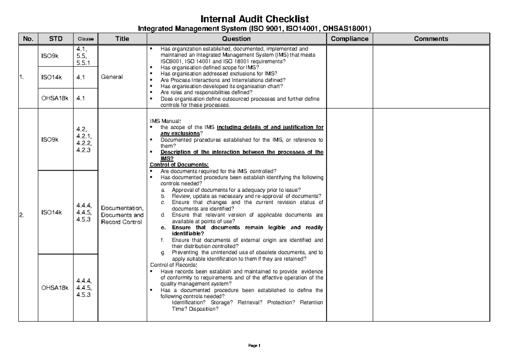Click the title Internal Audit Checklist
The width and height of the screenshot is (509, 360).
[x=255, y=19]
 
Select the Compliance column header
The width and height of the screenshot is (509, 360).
[x=350, y=39]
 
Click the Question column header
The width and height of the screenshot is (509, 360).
[x=238, y=39]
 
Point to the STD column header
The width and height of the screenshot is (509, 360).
[x=56, y=39]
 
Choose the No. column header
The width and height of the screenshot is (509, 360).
[x=28, y=39]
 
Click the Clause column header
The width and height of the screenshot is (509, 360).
[x=85, y=39]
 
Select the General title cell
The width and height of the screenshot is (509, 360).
[x=112, y=77]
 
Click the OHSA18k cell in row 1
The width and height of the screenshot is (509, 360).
[x=55, y=98]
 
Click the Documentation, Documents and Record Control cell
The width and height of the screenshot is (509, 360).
[x=122, y=215]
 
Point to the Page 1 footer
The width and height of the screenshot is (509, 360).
[x=255, y=345]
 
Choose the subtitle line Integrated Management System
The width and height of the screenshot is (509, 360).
[x=255, y=29]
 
